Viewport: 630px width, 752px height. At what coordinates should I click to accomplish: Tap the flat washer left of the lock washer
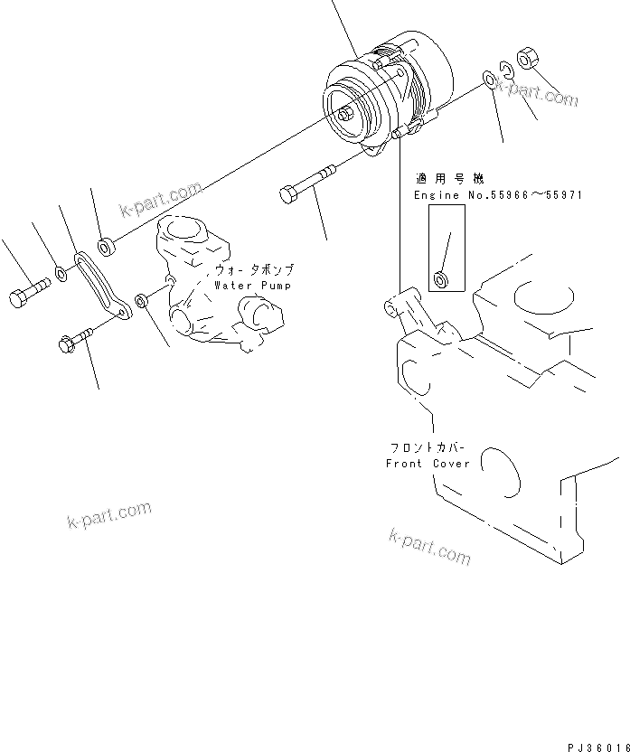pos(489,80)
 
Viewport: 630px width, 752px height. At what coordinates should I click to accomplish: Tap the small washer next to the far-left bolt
pos(60,274)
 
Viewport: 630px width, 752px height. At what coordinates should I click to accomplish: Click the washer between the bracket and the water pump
pos(142,300)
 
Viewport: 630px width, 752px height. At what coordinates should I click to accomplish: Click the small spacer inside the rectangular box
pos(440,278)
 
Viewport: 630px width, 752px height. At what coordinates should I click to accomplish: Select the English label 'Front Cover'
pos(428,464)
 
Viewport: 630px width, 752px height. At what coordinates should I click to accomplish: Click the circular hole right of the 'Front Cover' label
pos(500,470)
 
